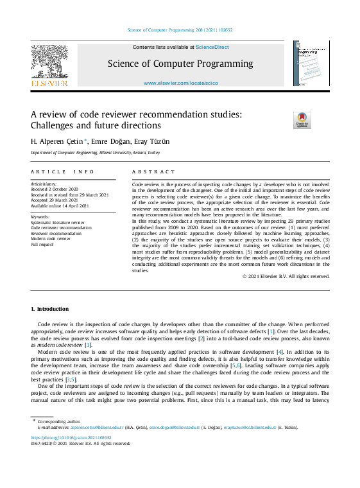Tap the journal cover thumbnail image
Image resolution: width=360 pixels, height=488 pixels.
pyautogui.click(x=311, y=63)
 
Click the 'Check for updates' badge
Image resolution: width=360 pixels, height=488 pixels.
pyautogui.click(x=302, y=120)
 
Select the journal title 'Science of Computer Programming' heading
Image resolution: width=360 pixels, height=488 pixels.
pyautogui.click(x=180, y=64)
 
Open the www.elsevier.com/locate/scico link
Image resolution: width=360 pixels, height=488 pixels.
pyautogui.click(x=180, y=83)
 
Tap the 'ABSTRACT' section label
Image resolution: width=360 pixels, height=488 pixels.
pyautogui.click(x=153, y=172)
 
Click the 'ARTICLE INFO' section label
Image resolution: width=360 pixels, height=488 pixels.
pyautogui.click(x=62, y=172)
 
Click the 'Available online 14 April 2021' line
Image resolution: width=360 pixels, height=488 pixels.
pyautogui.click(x=60, y=205)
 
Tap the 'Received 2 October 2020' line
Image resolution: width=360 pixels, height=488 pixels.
pyautogui.click(x=55, y=190)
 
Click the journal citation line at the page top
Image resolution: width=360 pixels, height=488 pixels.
pyautogui.click(x=180, y=30)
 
